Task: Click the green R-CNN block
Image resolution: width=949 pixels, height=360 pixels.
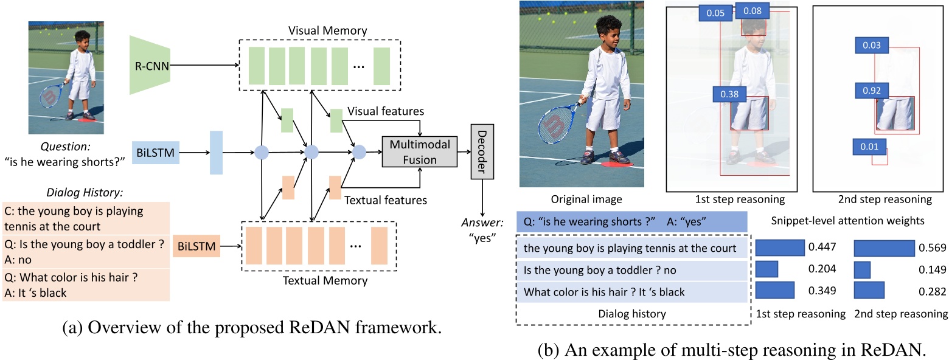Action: pos(150,64)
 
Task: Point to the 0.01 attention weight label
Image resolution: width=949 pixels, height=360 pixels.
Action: pos(869,147)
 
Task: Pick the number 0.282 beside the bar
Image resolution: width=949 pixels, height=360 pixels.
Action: pos(930,291)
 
